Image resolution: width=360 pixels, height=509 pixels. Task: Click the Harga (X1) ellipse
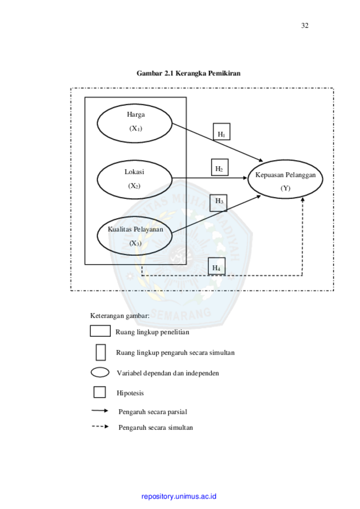pos(135,122)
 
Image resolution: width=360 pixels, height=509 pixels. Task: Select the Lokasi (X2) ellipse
pos(134,179)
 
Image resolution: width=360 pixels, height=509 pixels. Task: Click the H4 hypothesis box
pos(217,267)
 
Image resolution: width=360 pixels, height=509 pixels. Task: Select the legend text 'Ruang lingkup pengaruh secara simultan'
pos(175,353)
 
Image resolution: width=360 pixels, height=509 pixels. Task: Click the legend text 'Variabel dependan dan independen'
pos(168,373)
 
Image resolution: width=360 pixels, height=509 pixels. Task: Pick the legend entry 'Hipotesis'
pos(131,393)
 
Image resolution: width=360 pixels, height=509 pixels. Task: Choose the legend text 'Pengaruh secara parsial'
pos(153,412)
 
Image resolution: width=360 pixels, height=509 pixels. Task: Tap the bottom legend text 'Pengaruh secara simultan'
pos(156,428)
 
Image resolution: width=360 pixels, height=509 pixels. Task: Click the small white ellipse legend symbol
pos(100,373)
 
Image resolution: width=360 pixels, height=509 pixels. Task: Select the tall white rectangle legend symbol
pos(100,352)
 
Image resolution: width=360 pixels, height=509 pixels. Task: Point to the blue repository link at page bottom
pos(179,496)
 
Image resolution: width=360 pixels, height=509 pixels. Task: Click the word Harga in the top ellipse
pos(136,115)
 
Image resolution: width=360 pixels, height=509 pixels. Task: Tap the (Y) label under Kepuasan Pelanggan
pos(285,188)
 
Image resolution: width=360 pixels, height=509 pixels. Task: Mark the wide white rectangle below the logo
pos(100,331)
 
